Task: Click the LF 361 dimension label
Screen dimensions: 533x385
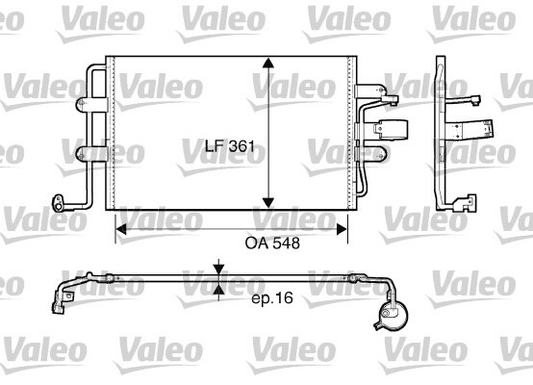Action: pyautogui.click(x=230, y=146)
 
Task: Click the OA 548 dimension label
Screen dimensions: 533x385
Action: pyautogui.click(x=272, y=244)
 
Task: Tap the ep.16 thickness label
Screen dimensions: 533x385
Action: pyautogui.click(x=272, y=298)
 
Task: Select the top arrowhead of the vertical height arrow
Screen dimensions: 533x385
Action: pyautogui.click(x=268, y=64)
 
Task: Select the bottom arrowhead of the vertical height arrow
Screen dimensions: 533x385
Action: pyautogui.click(x=268, y=203)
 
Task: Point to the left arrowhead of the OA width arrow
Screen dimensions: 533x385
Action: pyautogui.click(x=121, y=229)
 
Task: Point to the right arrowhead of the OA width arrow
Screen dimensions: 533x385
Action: pyautogui.click(x=342, y=229)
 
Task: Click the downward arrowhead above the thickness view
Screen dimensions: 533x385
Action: pyautogui.click(x=219, y=269)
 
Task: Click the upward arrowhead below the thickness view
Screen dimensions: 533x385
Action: pyautogui.click(x=219, y=289)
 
